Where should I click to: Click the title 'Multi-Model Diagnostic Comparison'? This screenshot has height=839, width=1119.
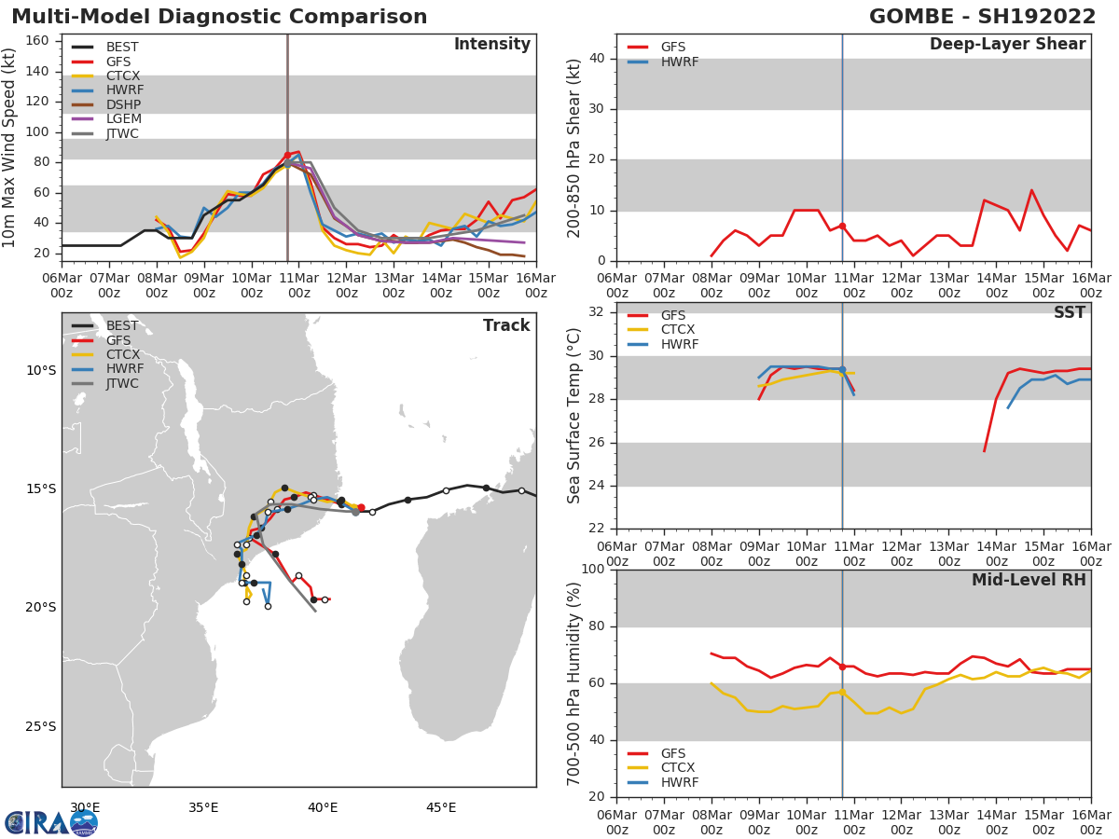(219, 17)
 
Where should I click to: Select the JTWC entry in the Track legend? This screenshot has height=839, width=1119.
(122, 384)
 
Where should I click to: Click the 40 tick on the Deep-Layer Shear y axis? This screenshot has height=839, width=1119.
(600, 59)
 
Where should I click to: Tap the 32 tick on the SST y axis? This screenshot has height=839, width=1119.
(600, 312)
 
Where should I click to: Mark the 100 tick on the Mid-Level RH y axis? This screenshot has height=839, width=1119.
(593, 570)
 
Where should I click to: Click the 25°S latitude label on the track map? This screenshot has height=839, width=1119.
(41, 726)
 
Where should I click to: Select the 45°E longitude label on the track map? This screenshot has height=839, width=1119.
(441, 807)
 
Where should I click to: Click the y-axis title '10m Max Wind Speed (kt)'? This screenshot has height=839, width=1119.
(10, 148)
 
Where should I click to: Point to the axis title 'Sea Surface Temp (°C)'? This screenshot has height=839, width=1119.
(575, 416)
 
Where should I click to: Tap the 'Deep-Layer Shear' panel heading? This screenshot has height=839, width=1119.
(1007, 45)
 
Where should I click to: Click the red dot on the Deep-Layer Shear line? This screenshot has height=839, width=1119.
(842, 226)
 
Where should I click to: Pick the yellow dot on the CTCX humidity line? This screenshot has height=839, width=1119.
(842, 692)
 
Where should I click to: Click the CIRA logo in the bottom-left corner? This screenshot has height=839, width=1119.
(51, 823)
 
